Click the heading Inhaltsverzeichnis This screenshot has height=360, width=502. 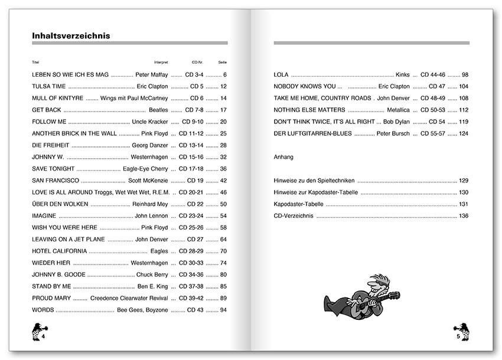pos(71,36)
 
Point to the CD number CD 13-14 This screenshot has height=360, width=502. pos(191,145)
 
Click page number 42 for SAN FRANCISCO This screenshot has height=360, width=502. pos(223,181)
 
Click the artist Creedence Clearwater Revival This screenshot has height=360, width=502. pos(129,298)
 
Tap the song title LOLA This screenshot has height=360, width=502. pos(281,74)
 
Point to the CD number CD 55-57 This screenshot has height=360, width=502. pos(433,133)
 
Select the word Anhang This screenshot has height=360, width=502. pos(284,158)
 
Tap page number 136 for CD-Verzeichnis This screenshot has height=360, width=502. pos(463,216)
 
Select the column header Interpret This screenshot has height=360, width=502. pos(161,62)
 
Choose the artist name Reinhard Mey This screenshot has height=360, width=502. pos(150,204)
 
